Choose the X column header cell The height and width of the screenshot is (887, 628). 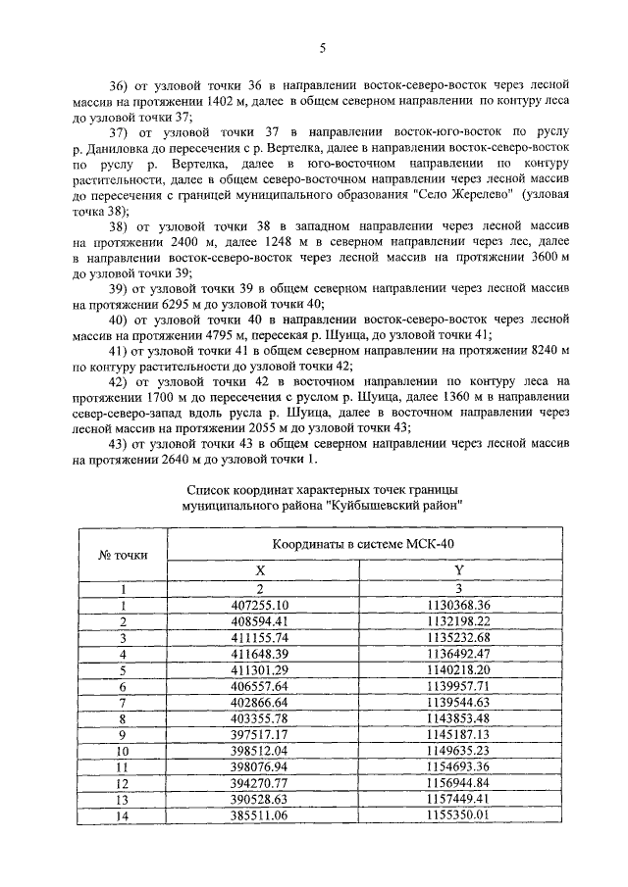[260, 570]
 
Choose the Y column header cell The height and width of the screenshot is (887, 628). [458, 570]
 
